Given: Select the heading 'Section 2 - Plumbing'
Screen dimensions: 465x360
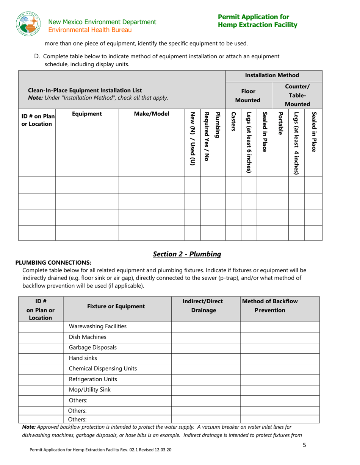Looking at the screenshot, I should [x=187, y=254].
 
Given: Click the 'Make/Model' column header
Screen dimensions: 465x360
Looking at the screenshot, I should [x=151, y=114].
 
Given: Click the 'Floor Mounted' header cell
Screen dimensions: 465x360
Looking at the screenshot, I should [x=249, y=96].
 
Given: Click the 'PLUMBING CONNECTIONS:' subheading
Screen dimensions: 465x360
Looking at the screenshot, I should [x=53, y=262].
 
